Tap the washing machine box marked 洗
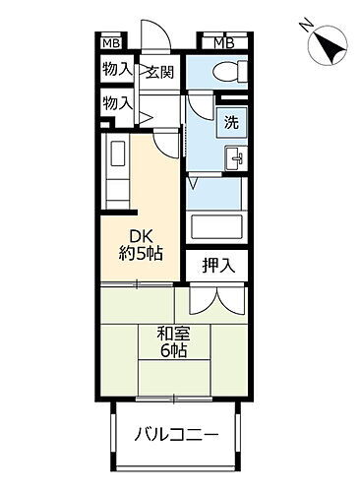(x=230, y=124)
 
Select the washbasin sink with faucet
(x=236, y=157)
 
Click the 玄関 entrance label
(x=160, y=71)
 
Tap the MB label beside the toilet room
(x=223, y=41)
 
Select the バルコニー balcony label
(x=176, y=434)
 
